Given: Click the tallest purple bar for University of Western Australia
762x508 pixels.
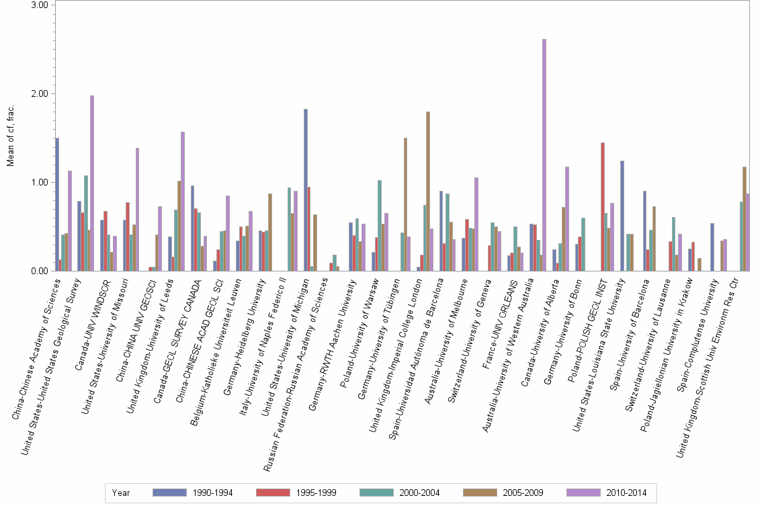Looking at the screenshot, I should pyautogui.click(x=544, y=155).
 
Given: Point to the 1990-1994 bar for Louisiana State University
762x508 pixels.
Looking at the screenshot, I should pyautogui.click(x=622, y=216).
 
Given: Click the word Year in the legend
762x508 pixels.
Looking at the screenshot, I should pyautogui.click(x=122, y=493).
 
